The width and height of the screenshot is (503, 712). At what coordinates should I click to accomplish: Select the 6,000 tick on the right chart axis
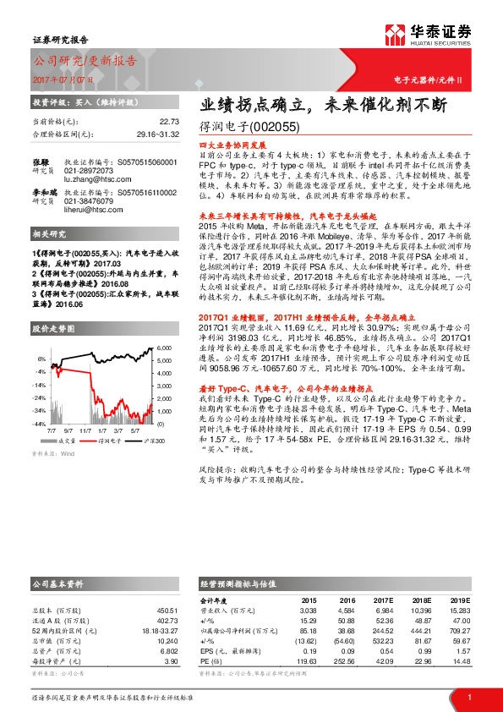166,348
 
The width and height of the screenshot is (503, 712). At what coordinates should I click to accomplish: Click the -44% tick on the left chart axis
40,423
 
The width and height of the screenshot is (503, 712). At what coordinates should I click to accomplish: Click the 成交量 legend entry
68,441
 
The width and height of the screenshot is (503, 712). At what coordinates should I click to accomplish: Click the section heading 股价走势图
52,326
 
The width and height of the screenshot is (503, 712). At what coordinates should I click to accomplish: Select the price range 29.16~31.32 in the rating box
158,133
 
